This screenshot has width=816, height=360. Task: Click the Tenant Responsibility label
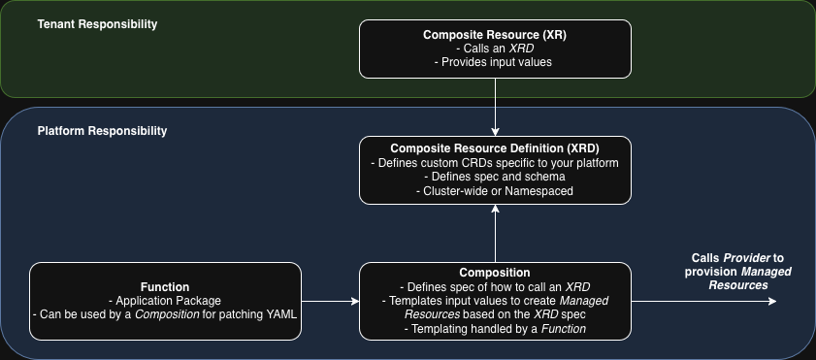97,24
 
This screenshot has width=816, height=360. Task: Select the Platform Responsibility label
102,131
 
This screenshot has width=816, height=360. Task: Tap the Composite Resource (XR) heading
495,35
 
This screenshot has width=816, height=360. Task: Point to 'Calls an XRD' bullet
495,49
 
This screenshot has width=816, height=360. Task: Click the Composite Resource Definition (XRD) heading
495,148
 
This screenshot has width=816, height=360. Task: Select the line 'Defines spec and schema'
495,177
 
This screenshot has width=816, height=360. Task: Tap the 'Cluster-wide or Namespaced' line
495,191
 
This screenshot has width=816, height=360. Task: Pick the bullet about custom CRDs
495,163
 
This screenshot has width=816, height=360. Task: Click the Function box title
165,287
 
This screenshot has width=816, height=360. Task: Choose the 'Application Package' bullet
165,301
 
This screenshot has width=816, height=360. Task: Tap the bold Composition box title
495,273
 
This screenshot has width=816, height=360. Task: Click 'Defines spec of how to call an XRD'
495,286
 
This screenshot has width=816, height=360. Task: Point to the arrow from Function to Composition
331,301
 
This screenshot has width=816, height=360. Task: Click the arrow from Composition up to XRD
496,233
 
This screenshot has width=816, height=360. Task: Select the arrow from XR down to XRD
496,107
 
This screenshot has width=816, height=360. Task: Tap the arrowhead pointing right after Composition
772,301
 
